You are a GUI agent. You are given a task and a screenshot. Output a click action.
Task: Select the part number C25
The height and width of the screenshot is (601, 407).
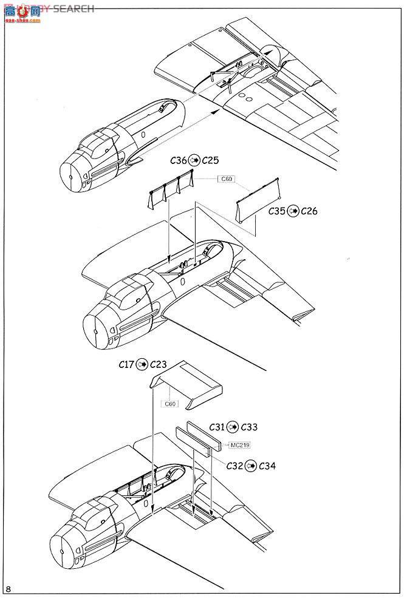click(x=210, y=161)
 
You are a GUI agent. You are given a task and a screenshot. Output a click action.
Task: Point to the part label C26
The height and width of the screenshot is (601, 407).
click(x=309, y=211)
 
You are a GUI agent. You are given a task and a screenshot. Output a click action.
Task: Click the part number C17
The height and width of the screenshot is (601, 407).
click(x=128, y=364)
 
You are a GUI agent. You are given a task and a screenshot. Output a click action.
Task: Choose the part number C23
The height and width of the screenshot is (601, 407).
click(x=159, y=364)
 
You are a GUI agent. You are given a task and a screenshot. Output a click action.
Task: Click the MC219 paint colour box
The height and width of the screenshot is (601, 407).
click(x=240, y=445)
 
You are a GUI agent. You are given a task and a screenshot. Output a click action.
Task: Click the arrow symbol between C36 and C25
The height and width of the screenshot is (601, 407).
click(x=194, y=161)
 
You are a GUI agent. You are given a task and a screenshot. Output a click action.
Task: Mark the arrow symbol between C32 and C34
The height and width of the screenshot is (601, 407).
click(x=251, y=466)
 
